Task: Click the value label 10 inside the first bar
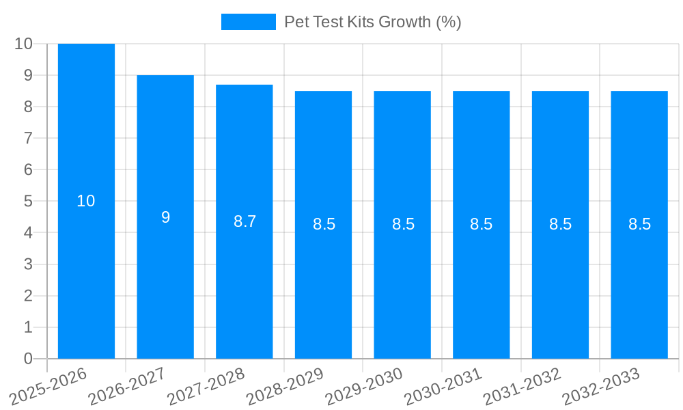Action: tap(86, 202)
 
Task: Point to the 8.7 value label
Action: tap(245, 221)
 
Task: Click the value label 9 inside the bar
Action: tap(165, 217)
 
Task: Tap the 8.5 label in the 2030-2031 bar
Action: tap(482, 224)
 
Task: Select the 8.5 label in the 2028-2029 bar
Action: tap(324, 224)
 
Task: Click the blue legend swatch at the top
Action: tap(248, 22)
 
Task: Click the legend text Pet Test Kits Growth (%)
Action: tap(373, 22)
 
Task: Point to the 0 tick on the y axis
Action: tap(28, 359)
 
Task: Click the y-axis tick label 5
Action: tap(28, 202)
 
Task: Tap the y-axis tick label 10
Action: tap(24, 44)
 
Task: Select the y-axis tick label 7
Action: tap(28, 138)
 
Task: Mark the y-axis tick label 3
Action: tap(28, 264)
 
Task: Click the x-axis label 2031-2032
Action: tap(522, 387)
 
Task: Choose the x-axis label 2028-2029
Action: tap(285, 387)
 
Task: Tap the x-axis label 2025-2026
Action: tap(48, 387)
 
